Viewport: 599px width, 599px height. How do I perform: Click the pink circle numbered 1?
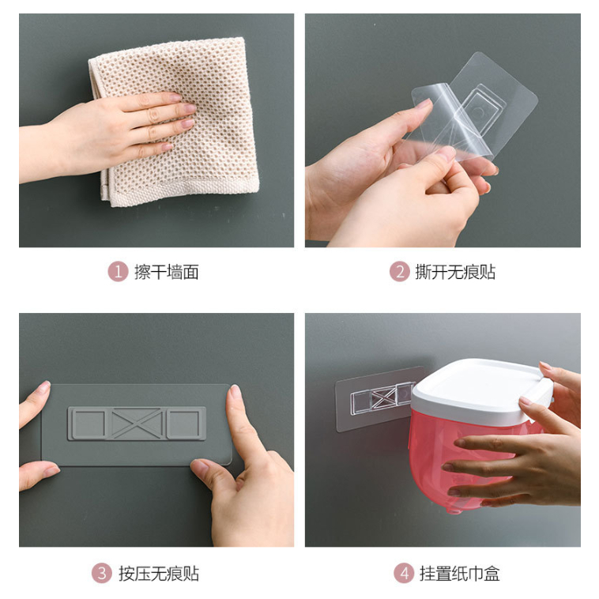coord(118,272)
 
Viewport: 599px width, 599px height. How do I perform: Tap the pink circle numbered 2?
coord(400,272)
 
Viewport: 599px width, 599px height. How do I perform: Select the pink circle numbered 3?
coord(102,574)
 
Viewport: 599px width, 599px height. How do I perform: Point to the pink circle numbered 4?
coord(404,574)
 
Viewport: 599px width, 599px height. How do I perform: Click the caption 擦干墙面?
coord(166,272)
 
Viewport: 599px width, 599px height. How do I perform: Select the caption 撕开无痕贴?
coord(455,272)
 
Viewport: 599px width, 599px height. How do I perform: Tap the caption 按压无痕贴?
coord(159,574)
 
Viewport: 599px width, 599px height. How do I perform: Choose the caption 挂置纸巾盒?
coord(460,574)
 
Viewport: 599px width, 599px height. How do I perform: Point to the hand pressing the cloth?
coord(111,134)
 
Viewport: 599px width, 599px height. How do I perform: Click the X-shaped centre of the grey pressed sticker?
coord(137,424)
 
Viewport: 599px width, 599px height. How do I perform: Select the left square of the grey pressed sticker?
coord(89,424)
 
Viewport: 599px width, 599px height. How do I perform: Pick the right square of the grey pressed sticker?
coord(184,424)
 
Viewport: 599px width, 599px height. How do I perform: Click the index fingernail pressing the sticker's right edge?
coord(234,392)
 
